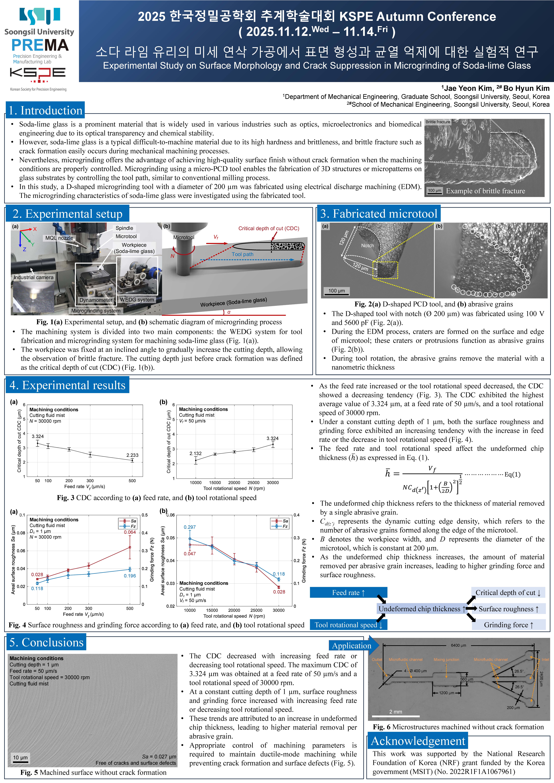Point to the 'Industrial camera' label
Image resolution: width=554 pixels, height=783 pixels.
tap(33, 277)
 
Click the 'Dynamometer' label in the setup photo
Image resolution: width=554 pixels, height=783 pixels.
tap(96, 300)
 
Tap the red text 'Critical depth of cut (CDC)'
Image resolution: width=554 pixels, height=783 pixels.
tap(268, 228)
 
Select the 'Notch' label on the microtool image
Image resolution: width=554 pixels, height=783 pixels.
tap(367, 246)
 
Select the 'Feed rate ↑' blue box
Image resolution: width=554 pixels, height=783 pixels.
tap(348, 593)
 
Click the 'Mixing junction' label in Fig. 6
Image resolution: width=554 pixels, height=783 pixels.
tap(446, 660)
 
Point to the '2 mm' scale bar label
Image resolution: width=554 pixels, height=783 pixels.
tap(396, 712)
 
